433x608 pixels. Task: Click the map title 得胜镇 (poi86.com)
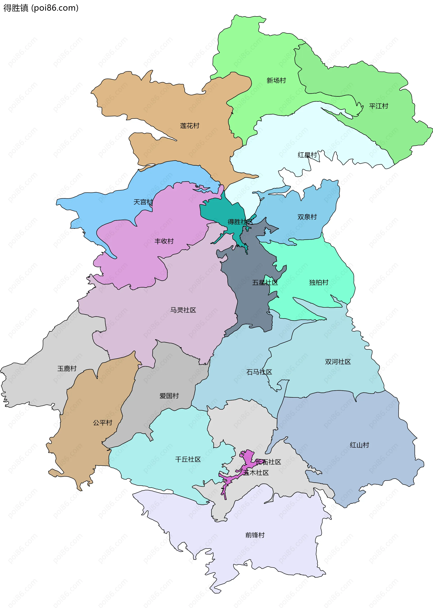41,8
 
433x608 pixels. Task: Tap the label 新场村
276,80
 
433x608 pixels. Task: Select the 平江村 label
378,106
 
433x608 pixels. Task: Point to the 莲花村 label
190,126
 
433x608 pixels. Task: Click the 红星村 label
307,155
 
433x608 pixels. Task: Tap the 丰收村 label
164,241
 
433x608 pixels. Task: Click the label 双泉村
307,217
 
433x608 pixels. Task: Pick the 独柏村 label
319,283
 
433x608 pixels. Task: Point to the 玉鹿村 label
67,368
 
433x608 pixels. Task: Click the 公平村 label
103,422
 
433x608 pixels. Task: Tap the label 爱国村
169,396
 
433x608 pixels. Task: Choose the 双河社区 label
338,362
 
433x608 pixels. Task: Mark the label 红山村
359,445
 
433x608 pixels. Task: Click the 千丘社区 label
188,459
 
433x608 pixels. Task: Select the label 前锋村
255,535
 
